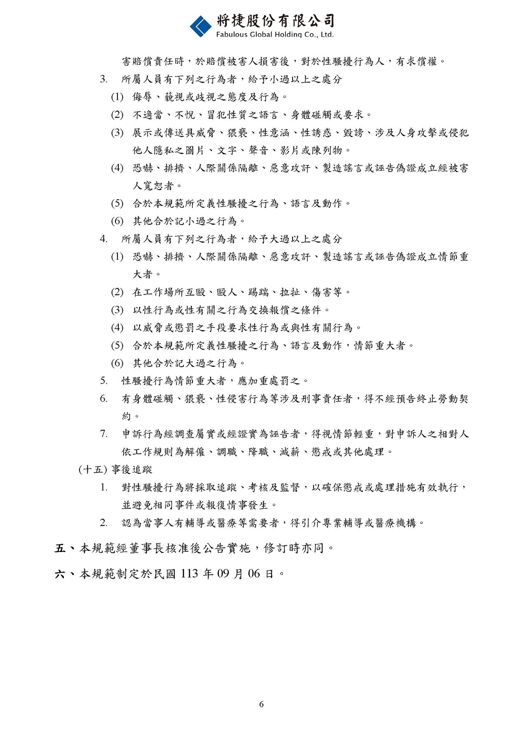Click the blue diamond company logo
tap(200, 26)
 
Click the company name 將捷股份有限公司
tap(275, 20)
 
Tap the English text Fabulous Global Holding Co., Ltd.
tap(275, 35)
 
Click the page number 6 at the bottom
tap(261, 704)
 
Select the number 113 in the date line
tap(189, 573)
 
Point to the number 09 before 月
tap(223, 573)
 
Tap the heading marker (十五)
tap(93, 470)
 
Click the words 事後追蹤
tap(132, 470)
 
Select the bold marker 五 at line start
tap(60, 548)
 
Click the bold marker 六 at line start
tap(60, 573)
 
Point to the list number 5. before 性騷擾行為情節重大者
tap(103, 381)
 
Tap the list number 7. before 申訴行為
tap(103, 434)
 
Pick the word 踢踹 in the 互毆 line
tap(258, 292)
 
